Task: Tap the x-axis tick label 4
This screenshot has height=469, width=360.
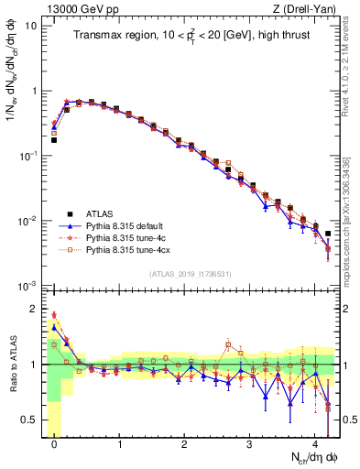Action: point(315,441)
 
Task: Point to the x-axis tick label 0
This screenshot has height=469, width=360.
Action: point(55,441)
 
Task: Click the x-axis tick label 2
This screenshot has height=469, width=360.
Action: point(185,441)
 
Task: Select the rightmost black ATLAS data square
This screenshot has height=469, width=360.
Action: point(328,234)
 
